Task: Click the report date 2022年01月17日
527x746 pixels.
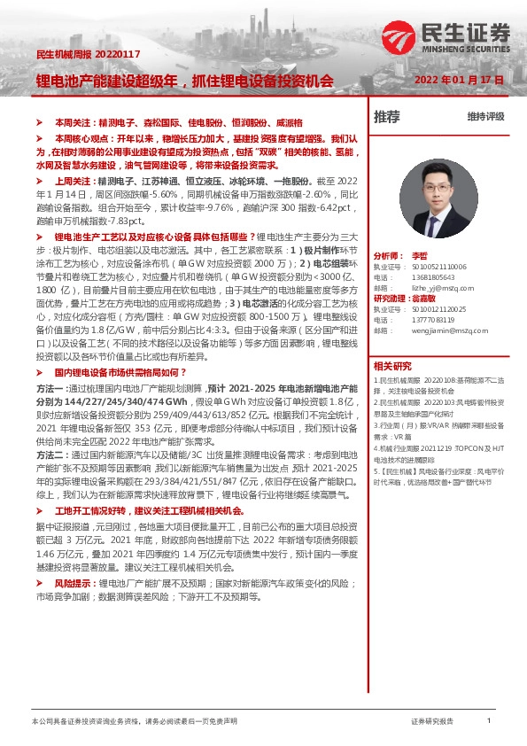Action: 459,80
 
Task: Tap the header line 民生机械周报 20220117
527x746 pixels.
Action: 74,55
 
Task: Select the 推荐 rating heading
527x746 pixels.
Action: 386,117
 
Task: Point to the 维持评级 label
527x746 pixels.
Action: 485,117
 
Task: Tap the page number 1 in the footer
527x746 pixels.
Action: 488,721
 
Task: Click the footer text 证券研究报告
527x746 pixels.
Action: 432,722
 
